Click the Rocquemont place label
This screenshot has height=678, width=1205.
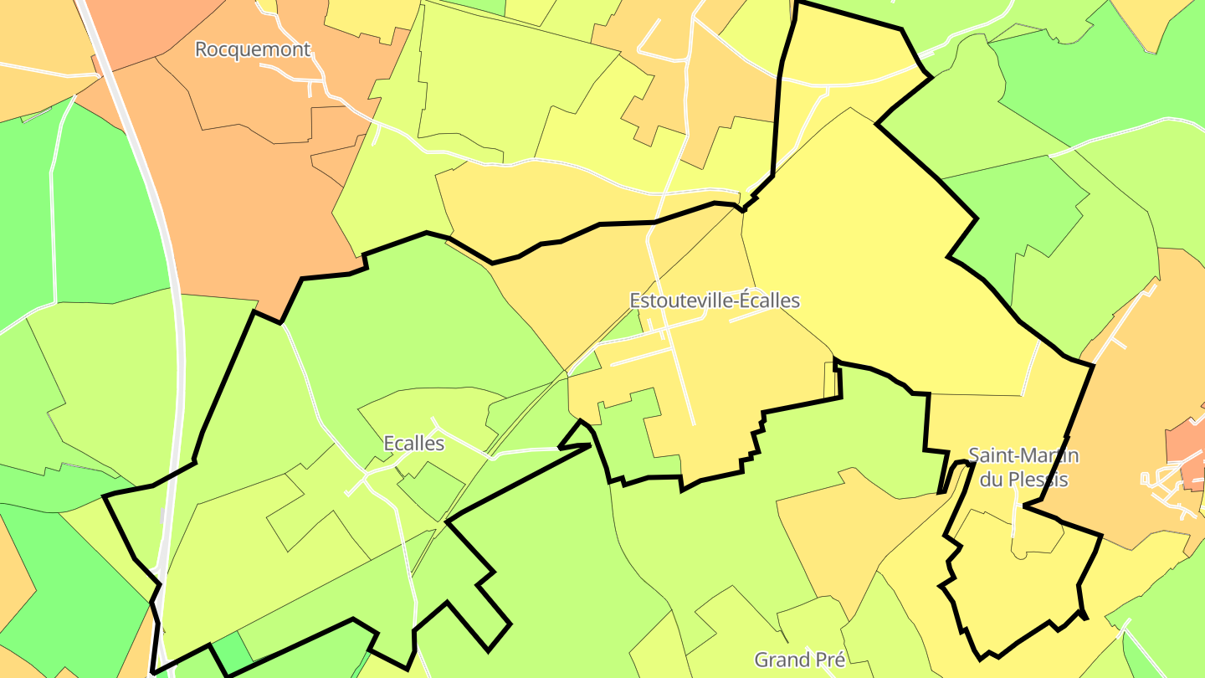coord(253,49)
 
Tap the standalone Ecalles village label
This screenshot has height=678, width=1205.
coord(413,444)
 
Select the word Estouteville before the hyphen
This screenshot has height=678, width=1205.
coord(679,300)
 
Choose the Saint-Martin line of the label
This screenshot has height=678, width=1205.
coord(1023,456)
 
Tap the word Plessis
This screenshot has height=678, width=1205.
coord(1038,480)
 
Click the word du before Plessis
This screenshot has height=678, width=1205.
coord(992,480)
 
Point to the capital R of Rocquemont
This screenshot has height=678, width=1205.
coord(202,49)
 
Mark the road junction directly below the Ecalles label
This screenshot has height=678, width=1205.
coord(365,477)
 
